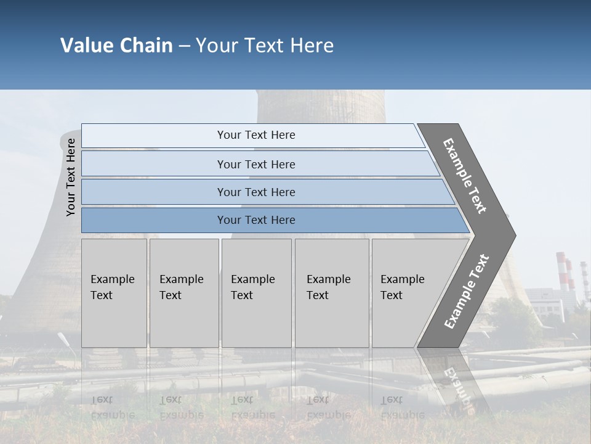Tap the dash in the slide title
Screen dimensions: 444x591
[184, 46]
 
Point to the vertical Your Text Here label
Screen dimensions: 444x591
[71, 177]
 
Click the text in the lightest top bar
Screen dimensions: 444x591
[256, 135]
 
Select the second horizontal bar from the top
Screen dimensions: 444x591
[256, 164]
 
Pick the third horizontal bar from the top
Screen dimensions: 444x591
[256, 192]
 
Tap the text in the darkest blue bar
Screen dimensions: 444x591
[256, 220]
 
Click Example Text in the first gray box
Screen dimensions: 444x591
[112, 287]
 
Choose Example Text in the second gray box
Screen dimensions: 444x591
[181, 287]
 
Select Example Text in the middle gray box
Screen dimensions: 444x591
[252, 287]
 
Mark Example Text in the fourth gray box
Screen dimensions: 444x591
[328, 287]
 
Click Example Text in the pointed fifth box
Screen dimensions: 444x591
[402, 287]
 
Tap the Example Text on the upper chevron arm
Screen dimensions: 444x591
[465, 176]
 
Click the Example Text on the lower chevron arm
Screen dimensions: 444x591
[467, 292]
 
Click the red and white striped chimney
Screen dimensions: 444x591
[561, 271]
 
